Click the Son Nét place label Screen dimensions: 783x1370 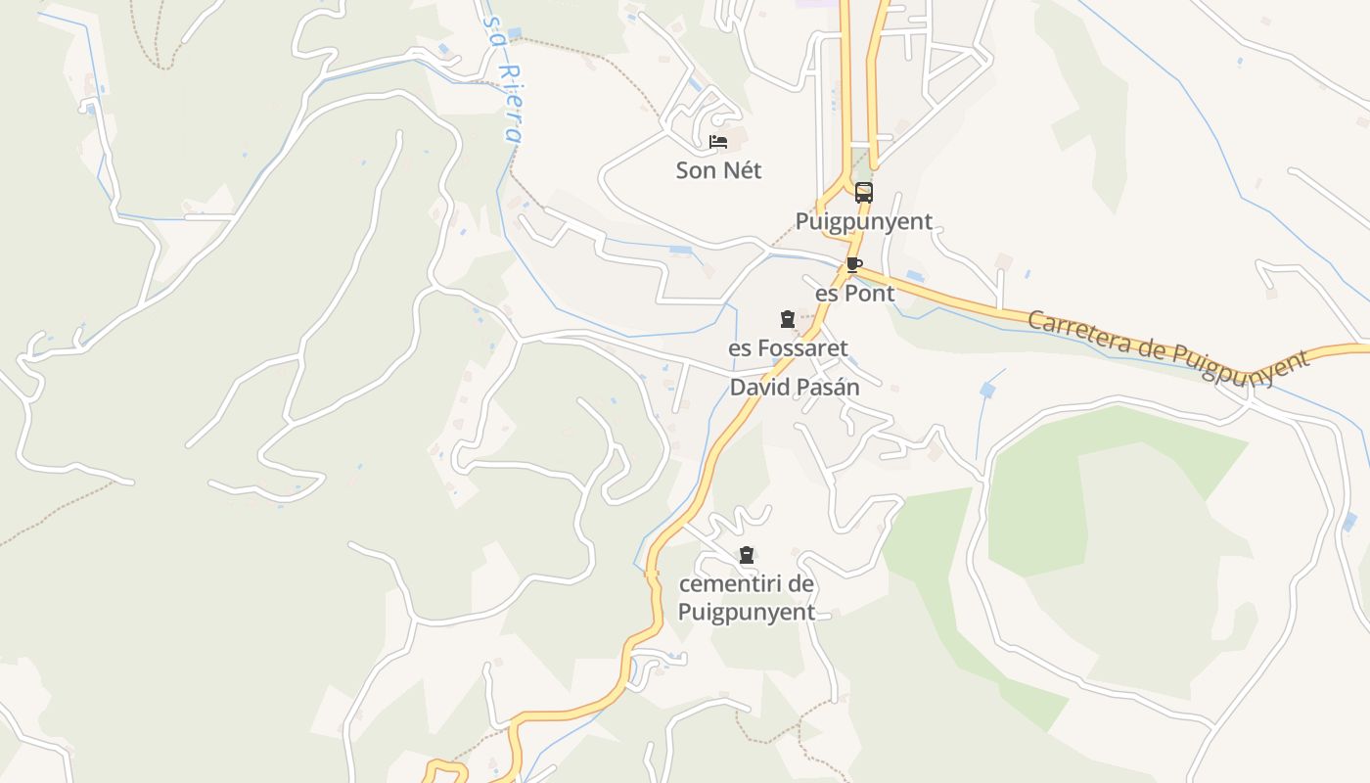pos(718,170)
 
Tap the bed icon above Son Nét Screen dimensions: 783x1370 pos(718,142)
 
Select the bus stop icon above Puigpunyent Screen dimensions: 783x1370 pos(863,193)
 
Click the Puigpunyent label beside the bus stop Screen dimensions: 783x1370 pos(863,221)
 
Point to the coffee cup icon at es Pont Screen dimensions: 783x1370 pos(853,264)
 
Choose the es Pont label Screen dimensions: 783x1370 pos(854,294)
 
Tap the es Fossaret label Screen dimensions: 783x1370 pos(788,347)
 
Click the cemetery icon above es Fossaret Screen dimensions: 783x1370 pos(788,319)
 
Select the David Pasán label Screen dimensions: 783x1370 pos(795,388)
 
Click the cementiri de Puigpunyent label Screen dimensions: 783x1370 pos(747,598)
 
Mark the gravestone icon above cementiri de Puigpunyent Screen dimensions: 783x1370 pos(747,556)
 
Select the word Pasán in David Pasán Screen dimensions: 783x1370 pos(829,388)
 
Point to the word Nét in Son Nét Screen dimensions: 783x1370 pos(742,170)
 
